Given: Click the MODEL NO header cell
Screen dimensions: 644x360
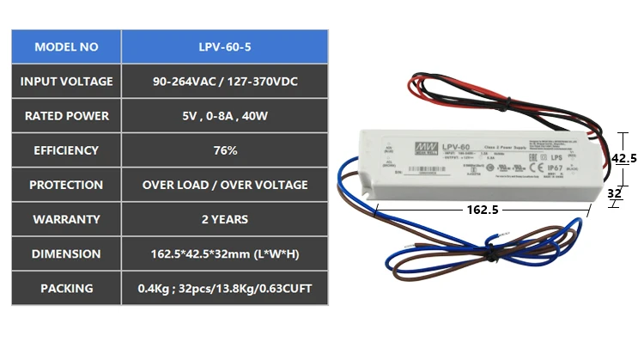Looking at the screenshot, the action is [66, 47].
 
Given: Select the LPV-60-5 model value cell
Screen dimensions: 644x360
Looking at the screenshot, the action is [225, 47].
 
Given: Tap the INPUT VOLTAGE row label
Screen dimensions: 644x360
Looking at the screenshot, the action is [66, 82].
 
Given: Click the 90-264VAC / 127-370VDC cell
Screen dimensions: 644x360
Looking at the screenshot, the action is [225, 82].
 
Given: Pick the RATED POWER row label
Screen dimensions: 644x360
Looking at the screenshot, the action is [66, 116].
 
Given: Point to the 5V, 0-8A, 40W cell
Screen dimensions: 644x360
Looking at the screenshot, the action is [225, 116].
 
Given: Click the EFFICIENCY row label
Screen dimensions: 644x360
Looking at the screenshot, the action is [66, 150].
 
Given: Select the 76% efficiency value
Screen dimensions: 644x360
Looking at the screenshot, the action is [225, 150].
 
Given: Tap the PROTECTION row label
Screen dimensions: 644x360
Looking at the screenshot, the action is [66, 185].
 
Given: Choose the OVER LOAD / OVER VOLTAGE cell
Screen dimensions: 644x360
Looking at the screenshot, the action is [225, 185].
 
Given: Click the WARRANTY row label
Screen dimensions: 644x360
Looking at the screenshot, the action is [66, 219].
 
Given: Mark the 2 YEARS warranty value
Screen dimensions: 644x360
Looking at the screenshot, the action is [225, 219].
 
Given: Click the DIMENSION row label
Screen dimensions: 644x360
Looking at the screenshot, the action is [66, 253].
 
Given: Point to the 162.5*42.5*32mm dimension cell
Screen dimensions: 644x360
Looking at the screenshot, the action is [225, 253].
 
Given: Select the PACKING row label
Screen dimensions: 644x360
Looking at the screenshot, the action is [66, 288].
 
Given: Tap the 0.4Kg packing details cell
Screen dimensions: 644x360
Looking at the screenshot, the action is [225, 288].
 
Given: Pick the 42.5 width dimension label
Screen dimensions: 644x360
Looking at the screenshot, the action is [623, 158].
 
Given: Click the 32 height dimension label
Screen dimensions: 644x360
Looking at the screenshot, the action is [614, 193].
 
